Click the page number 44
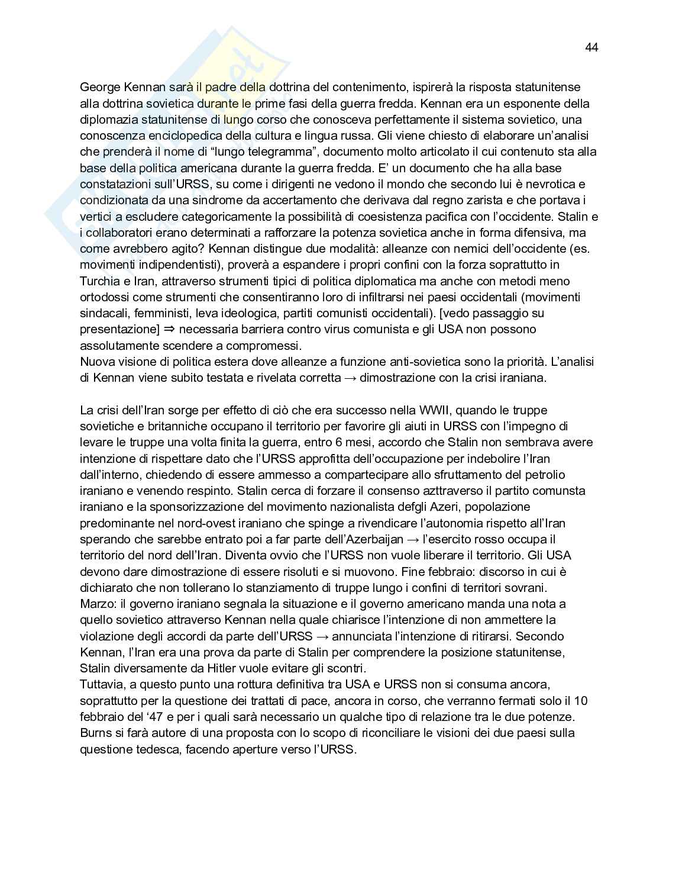coord(591,47)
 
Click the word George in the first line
coord(100,88)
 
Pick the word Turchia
coord(100,281)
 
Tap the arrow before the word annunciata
coord(323,636)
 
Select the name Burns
coord(95,733)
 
